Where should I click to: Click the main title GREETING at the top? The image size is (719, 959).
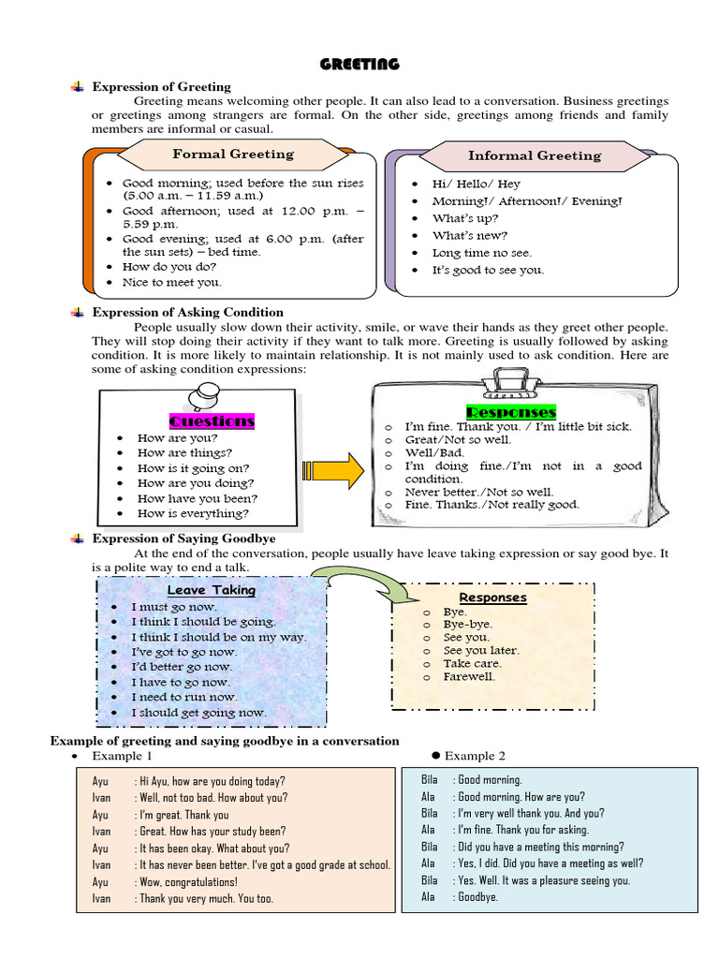click(359, 64)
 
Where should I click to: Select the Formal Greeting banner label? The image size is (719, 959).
click(232, 154)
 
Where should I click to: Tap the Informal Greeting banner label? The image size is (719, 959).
click(535, 155)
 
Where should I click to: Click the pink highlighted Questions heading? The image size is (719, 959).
click(212, 420)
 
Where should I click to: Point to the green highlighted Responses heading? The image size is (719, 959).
click(510, 411)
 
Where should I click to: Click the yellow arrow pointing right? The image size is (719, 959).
click(334, 469)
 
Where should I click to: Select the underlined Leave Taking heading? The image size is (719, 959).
click(211, 590)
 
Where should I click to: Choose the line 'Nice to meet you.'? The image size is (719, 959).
click(172, 282)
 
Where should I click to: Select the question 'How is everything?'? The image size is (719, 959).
click(193, 513)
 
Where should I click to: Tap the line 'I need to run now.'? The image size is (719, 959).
click(184, 697)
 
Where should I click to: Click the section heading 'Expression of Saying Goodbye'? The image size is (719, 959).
click(183, 539)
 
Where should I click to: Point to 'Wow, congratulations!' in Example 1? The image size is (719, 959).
click(188, 881)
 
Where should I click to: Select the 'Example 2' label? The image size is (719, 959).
click(475, 756)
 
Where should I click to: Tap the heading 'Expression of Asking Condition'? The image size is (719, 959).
click(187, 312)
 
